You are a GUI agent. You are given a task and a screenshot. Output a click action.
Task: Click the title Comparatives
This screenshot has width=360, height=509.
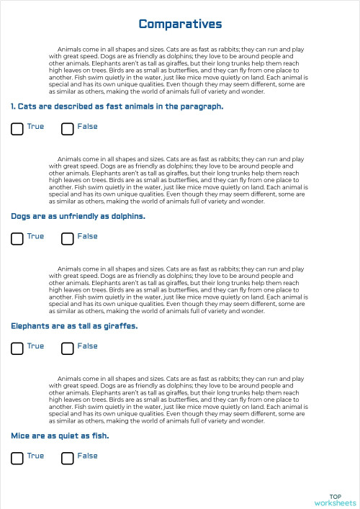pos(180,24)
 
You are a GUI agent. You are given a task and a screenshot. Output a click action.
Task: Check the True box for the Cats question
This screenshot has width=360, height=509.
pos(17,130)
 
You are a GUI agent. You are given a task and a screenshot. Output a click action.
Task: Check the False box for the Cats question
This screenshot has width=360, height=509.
pos(68,130)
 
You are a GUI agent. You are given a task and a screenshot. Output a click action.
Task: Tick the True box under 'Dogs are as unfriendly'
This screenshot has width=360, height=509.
pos(17,239)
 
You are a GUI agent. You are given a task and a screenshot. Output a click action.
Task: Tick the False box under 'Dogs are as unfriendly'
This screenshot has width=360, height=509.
pos(68,239)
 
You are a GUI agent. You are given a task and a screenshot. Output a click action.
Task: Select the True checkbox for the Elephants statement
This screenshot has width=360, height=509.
pos(17,349)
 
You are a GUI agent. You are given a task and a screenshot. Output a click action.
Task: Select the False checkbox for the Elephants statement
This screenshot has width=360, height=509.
pos(68,349)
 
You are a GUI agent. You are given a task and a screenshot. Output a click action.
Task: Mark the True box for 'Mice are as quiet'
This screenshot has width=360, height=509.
pos(17,459)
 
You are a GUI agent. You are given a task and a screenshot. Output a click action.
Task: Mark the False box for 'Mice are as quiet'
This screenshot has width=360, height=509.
pos(68,459)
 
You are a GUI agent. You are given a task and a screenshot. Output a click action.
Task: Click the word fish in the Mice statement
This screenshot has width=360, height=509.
pos(99,436)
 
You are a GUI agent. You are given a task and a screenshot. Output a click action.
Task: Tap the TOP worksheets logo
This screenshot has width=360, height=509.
pos(335,500)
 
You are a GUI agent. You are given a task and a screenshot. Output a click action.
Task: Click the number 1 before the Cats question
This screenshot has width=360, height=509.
pos(13,107)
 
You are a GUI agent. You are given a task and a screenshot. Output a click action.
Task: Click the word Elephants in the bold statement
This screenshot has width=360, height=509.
pos(30,326)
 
